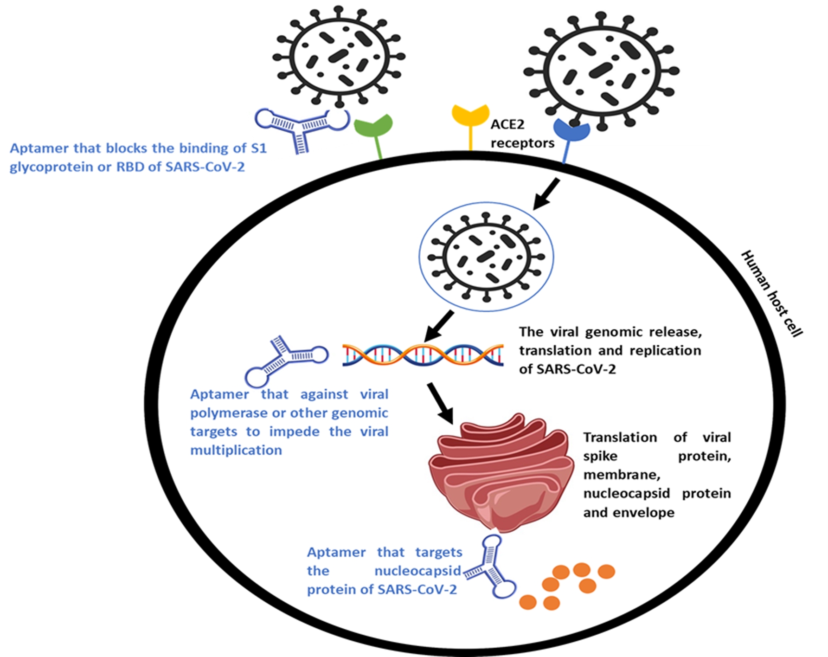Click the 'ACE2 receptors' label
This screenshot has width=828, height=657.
[522, 134]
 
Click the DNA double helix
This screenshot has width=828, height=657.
[423, 355]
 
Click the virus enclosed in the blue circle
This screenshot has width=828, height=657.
[486, 257]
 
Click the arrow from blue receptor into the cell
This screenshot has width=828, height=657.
[546, 194]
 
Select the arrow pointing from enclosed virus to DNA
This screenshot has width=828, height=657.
[438, 326]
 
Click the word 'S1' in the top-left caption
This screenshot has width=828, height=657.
[258, 148]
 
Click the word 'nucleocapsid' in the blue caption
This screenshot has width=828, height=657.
[417, 571]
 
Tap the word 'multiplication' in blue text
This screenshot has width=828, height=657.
[236, 450]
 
